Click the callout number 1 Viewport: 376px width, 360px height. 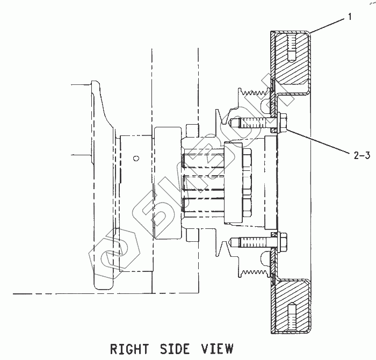(x=350, y=17)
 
